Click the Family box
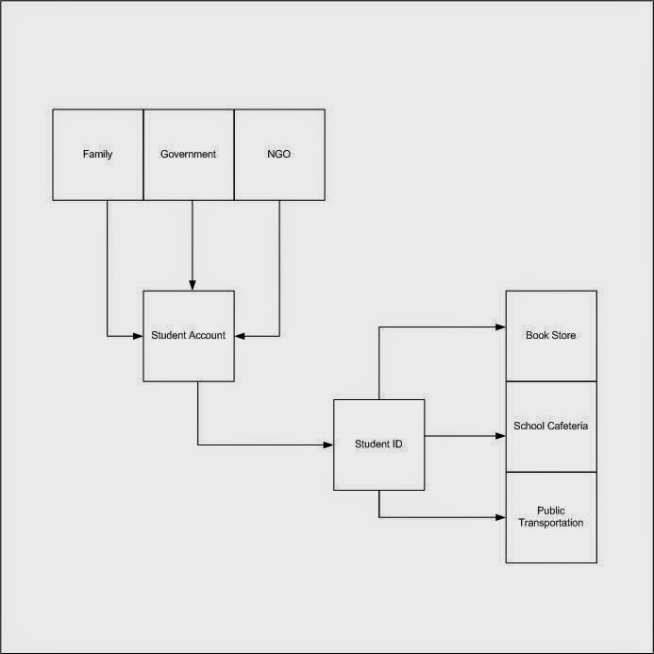pyautogui.click(x=97, y=155)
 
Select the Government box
pyautogui.click(x=189, y=155)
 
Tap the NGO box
pyautogui.click(x=279, y=155)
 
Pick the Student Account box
pyautogui.click(x=189, y=336)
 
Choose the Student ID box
pyautogui.click(x=378, y=444)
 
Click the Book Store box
pyautogui.click(x=551, y=336)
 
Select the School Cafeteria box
pyautogui.click(x=551, y=427)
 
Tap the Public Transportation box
pyautogui.click(x=551, y=517)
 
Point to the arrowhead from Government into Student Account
pyautogui.click(x=193, y=285)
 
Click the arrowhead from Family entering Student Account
pyautogui.click(x=138, y=335)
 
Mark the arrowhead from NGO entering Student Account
pyautogui.click(x=240, y=335)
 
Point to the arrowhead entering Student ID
pyautogui.click(x=327, y=444)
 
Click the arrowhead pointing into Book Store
pyautogui.click(x=500, y=327)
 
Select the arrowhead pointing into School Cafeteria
pyautogui.click(x=500, y=436)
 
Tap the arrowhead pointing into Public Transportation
pyautogui.click(x=500, y=517)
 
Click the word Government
pyautogui.click(x=189, y=155)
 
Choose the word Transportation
pyautogui.click(x=551, y=523)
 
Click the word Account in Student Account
pyautogui.click(x=207, y=336)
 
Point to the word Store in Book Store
pyautogui.click(x=563, y=336)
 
